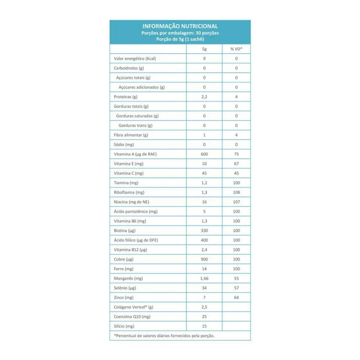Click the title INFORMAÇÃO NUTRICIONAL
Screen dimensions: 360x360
pos(180,26)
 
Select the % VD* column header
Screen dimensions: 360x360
pos(236,49)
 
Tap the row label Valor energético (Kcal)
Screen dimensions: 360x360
pos(135,58)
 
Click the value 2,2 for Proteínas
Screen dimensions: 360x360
pos(204,97)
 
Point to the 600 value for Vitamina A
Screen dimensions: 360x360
pos(204,154)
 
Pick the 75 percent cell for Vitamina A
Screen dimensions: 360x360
pos(236,154)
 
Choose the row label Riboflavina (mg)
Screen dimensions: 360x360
pos(129,192)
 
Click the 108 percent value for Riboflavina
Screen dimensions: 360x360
pos(236,192)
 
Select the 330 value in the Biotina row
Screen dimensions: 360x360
pos(204,230)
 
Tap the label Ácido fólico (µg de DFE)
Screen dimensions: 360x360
pos(138,240)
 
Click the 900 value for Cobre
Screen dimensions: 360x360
pos(204,259)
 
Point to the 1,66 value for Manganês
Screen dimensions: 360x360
pos(204,278)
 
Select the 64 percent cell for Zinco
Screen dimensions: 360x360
pos(236,298)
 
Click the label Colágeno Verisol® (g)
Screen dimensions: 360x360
pos(134,307)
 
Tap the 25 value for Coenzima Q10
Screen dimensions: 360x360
pos(204,317)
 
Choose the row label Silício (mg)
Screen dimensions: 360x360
pos(125,326)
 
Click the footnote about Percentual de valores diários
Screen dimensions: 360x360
pos(164,335)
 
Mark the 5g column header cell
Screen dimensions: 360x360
pos(204,49)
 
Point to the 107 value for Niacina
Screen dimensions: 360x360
pos(236,202)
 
